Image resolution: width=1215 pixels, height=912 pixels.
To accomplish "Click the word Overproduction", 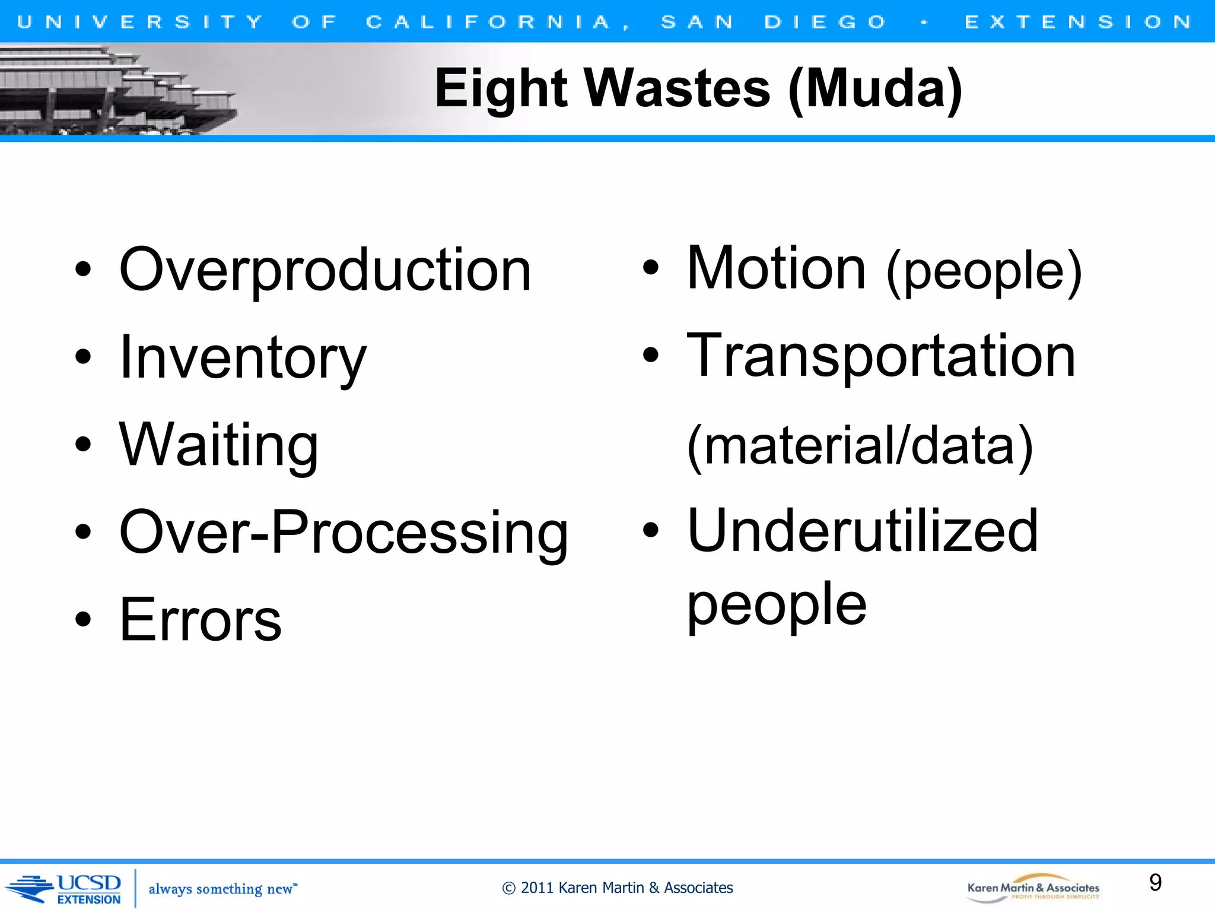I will click(325, 270).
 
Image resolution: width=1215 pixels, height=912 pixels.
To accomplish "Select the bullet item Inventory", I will click(243, 357).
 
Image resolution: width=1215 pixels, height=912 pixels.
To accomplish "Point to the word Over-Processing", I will click(343, 533).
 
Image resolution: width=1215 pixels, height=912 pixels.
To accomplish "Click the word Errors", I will click(201, 620).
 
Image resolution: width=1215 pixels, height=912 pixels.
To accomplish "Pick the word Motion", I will click(776, 268).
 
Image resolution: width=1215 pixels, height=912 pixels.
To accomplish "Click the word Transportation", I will click(881, 356).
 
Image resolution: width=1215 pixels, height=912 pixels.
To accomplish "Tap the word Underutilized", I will click(863, 531).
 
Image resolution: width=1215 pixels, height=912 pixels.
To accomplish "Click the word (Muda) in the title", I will click(876, 89).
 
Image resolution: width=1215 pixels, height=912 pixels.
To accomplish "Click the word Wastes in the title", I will click(678, 89).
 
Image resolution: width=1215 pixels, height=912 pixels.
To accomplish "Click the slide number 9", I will click(1155, 882).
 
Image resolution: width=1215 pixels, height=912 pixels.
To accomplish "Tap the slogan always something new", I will click(222, 889).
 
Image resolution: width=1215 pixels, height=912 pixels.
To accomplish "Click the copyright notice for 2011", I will click(617, 888).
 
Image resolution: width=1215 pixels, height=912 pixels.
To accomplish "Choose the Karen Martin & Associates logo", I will click(1033, 888).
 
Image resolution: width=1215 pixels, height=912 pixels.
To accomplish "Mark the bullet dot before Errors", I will click(84, 620).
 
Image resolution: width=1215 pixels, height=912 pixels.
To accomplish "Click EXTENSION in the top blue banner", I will click(1078, 22).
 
